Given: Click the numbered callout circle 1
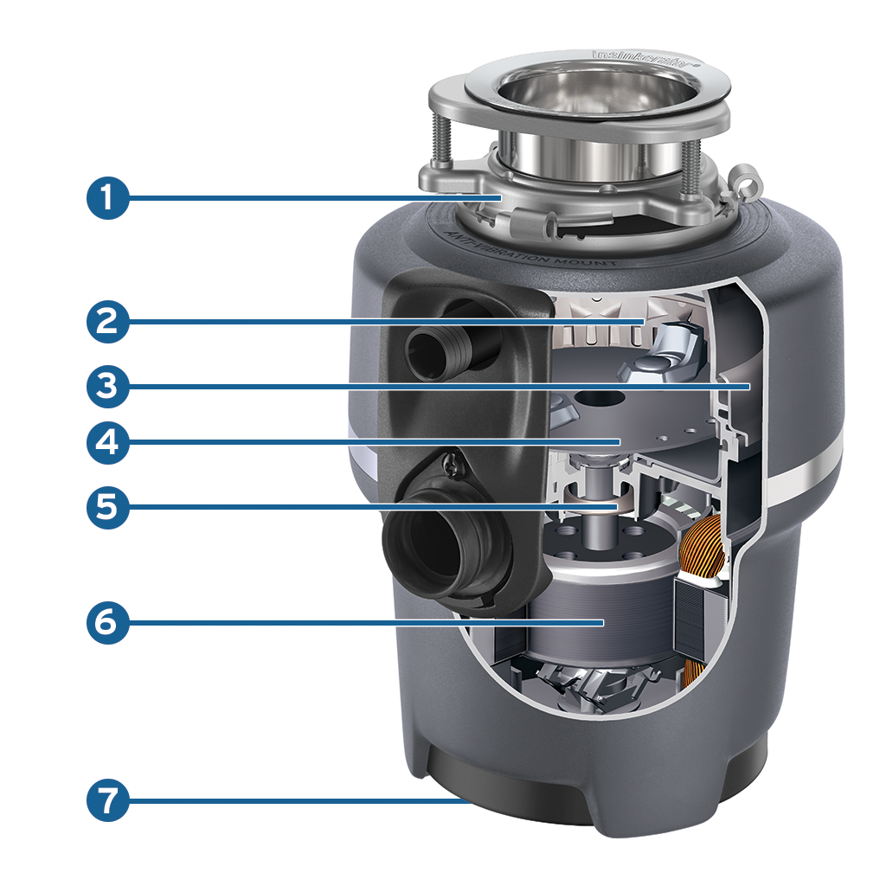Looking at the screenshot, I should point(107,198).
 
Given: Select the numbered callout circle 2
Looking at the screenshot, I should point(107,322).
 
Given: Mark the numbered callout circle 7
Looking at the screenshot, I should point(107,801).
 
